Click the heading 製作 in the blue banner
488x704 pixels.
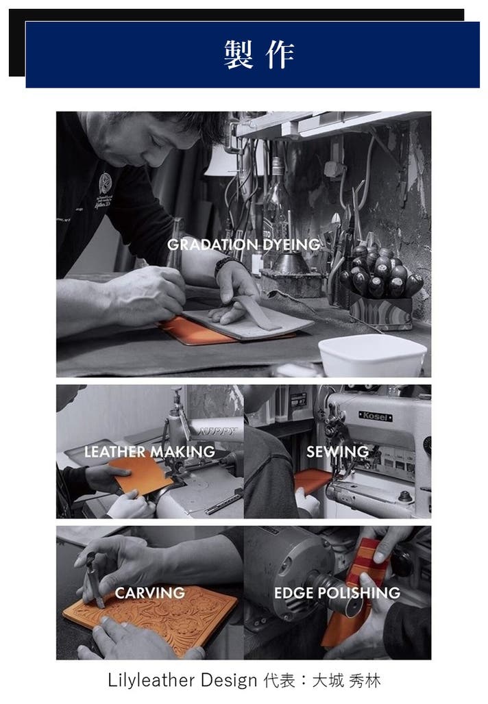click(x=259, y=55)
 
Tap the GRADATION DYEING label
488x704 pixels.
click(x=243, y=244)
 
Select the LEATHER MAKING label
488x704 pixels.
click(x=149, y=451)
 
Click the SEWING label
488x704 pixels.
click(x=337, y=451)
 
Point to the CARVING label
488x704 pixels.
click(x=149, y=592)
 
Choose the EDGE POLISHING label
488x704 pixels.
click(x=337, y=592)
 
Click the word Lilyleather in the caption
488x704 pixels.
click(x=152, y=681)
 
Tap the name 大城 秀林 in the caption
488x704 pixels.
click(x=346, y=681)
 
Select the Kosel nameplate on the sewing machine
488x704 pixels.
click(x=375, y=416)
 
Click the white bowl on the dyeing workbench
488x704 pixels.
click(x=372, y=355)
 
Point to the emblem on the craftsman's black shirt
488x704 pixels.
click(x=105, y=183)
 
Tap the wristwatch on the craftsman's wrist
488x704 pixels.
click(x=226, y=264)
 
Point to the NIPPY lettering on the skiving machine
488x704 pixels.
click(x=217, y=432)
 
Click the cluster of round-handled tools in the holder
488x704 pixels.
click(x=381, y=272)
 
